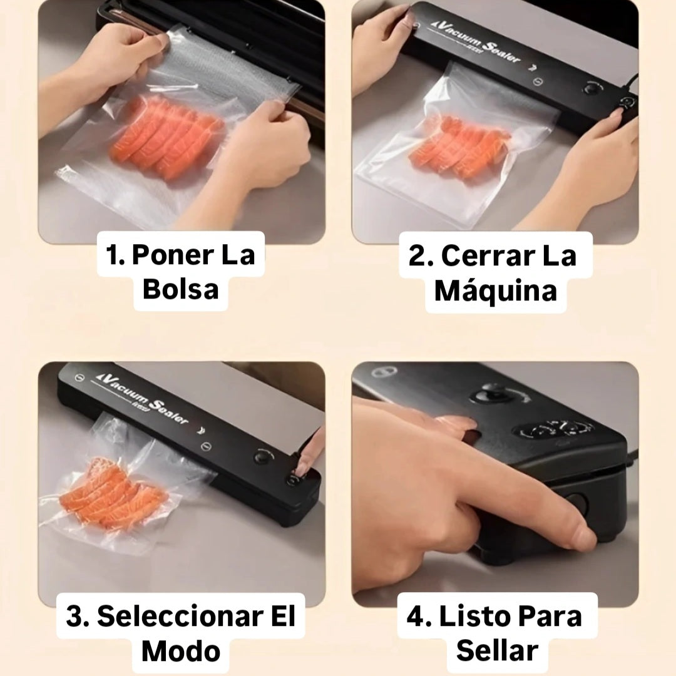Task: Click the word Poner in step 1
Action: tap(172, 255)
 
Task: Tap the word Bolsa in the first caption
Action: tap(181, 289)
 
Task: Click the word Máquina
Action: tap(496, 290)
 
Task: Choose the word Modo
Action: tap(181, 651)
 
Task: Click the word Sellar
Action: tap(497, 650)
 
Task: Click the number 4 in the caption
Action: tap(415, 617)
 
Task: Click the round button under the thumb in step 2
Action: tap(626, 103)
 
